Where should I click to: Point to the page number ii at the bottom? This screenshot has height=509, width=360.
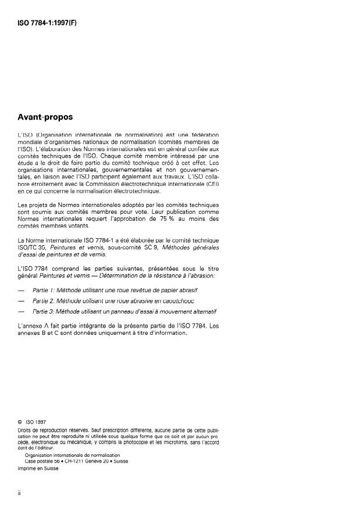[21, 493]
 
